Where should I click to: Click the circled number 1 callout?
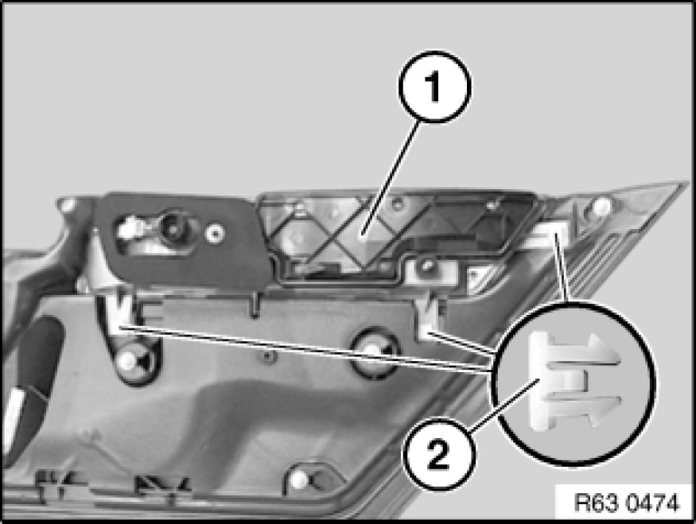434,87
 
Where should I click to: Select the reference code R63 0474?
626,503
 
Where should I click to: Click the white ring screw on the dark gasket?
216,231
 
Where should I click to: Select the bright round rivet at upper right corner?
601,205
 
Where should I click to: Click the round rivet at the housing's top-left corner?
68,204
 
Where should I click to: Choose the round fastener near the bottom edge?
301,479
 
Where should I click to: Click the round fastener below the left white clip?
129,361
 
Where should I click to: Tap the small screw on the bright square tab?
427,266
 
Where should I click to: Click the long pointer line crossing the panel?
306,349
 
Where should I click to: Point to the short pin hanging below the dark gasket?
255,304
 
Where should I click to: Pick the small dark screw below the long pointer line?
266,356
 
